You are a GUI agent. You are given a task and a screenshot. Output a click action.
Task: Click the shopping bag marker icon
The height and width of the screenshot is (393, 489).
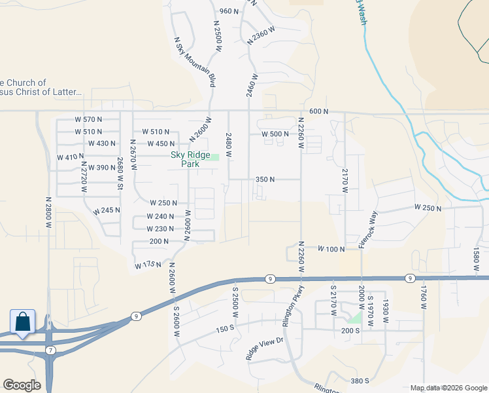click(x=22, y=322)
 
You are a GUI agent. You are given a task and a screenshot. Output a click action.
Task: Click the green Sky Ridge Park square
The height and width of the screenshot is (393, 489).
click(x=214, y=157)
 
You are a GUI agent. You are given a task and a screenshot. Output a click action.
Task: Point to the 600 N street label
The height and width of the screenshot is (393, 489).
click(x=318, y=111)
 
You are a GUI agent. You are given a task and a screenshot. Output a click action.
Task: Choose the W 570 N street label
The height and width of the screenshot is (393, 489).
click(x=90, y=119)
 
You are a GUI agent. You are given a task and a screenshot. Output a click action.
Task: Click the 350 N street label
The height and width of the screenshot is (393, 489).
click(x=265, y=179)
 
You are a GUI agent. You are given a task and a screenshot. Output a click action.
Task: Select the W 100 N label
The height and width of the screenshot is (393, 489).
click(x=331, y=249)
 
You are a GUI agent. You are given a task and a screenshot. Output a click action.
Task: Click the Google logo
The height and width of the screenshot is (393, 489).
click(x=22, y=385)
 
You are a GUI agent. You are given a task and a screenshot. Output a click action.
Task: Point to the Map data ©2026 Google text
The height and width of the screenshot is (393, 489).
click(x=448, y=388)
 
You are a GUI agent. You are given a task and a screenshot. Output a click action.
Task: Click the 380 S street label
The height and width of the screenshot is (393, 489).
click(x=360, y=381)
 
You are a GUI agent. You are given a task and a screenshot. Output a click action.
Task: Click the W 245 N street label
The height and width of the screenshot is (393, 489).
click(x=107, y=211)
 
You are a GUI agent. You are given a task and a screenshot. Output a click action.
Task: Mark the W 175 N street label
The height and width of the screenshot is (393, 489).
click(x=148, y=265)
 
